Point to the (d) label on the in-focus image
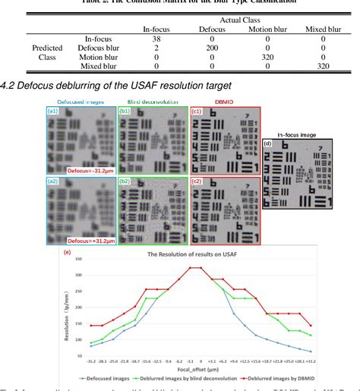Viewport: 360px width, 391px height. pyautogui.click(x=267, y=144)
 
